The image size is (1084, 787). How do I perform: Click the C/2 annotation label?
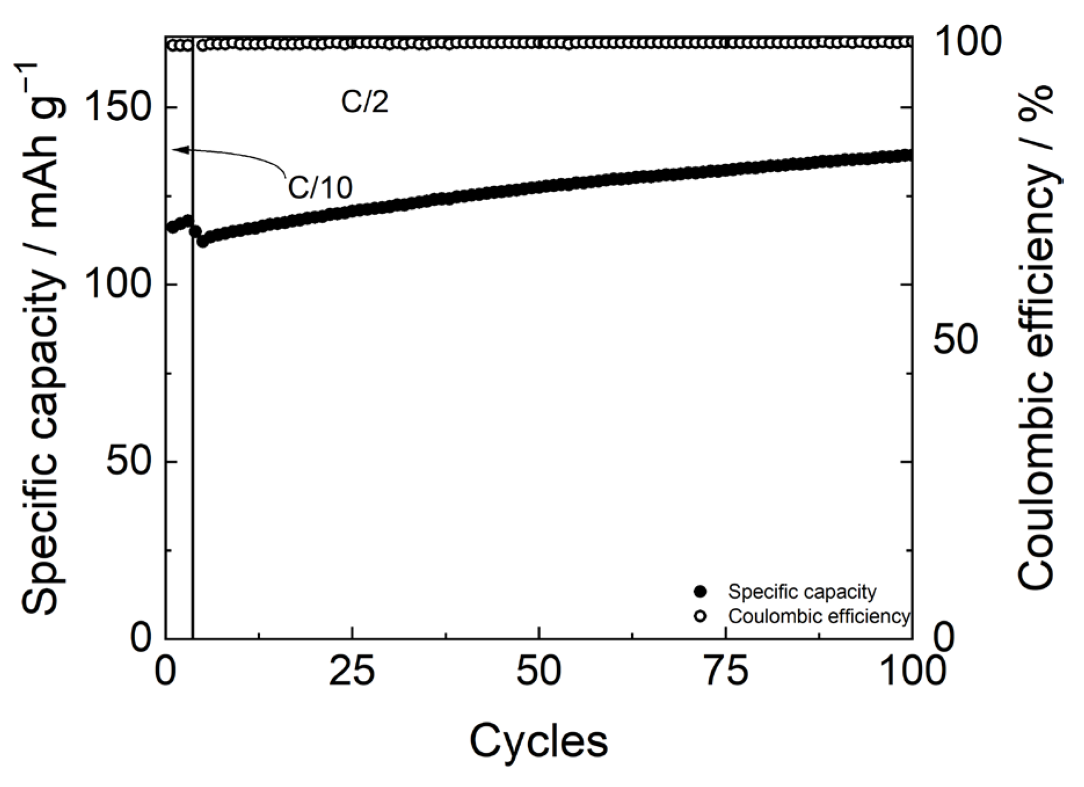(364, 102)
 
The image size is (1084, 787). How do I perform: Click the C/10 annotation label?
(321, 187)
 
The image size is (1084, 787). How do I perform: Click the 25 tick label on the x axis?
(352, 672)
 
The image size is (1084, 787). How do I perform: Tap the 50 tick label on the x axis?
(539, 672)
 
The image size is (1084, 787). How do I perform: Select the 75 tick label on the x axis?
(726, 672)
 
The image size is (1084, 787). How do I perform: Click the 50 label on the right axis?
(955, 340)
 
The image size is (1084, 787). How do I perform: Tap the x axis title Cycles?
(539, 741)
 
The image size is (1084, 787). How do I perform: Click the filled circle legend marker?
(701, 592)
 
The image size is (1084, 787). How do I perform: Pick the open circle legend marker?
(701, 616)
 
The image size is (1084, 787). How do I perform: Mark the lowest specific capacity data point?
(202, 241)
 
